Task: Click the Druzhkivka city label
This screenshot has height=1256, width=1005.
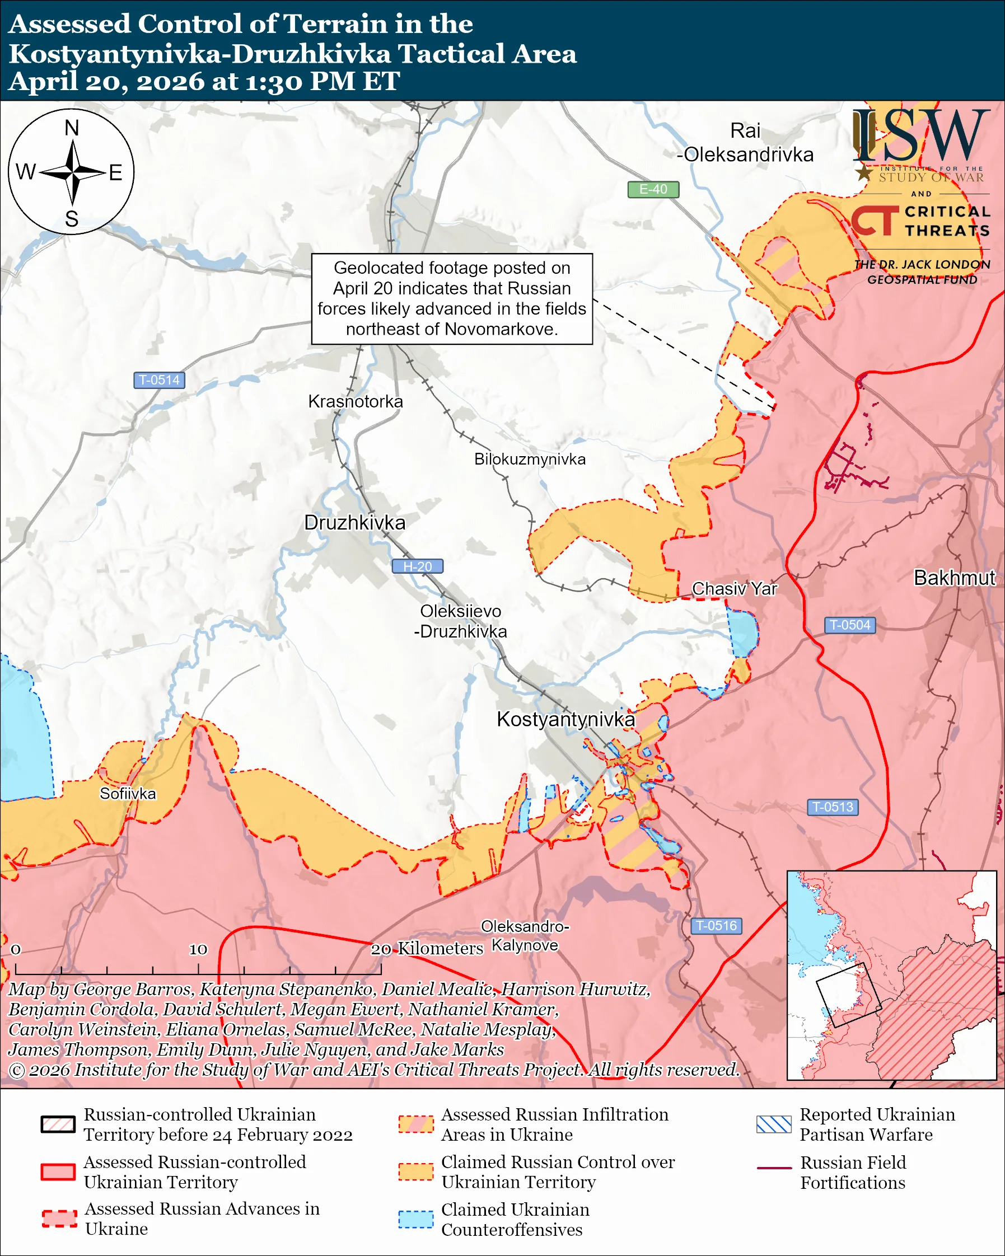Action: click(x=354, y=523)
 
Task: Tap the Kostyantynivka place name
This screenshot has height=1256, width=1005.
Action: click(x=565, y=719)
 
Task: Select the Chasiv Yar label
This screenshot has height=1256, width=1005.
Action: click(x=734, y=589)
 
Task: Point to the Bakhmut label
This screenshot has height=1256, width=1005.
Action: click(x=953, y=578)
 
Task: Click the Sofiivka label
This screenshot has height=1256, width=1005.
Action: click(x=128, y=794)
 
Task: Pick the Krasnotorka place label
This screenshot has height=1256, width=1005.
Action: click(x=356, y=401)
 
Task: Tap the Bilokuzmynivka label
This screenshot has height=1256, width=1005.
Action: click(x=530, y=459)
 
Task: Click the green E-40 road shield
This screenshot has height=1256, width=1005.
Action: click(x=652, y=189)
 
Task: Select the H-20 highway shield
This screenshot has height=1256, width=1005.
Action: click(x=417, y=566)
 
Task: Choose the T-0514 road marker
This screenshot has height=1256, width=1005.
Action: click(x=159, y=380)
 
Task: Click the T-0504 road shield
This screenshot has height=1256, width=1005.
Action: click(x=849, y=625)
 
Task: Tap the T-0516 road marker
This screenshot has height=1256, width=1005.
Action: click(x=716, y=926)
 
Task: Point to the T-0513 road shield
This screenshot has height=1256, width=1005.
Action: click(x=833, y=807)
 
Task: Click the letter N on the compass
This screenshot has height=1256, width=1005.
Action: click(x=72, y=128)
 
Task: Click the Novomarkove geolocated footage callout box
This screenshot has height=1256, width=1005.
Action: click(x=451, y=298)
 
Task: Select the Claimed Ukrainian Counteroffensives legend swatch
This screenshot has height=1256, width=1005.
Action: click(x=415, y=1219)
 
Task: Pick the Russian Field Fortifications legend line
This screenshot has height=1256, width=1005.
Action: click(x=774, y=1168)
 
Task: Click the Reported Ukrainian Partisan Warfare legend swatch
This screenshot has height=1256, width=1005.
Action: click(x=774, y=1124)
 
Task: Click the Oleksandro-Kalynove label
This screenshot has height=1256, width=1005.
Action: click(x=525, y=936)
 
